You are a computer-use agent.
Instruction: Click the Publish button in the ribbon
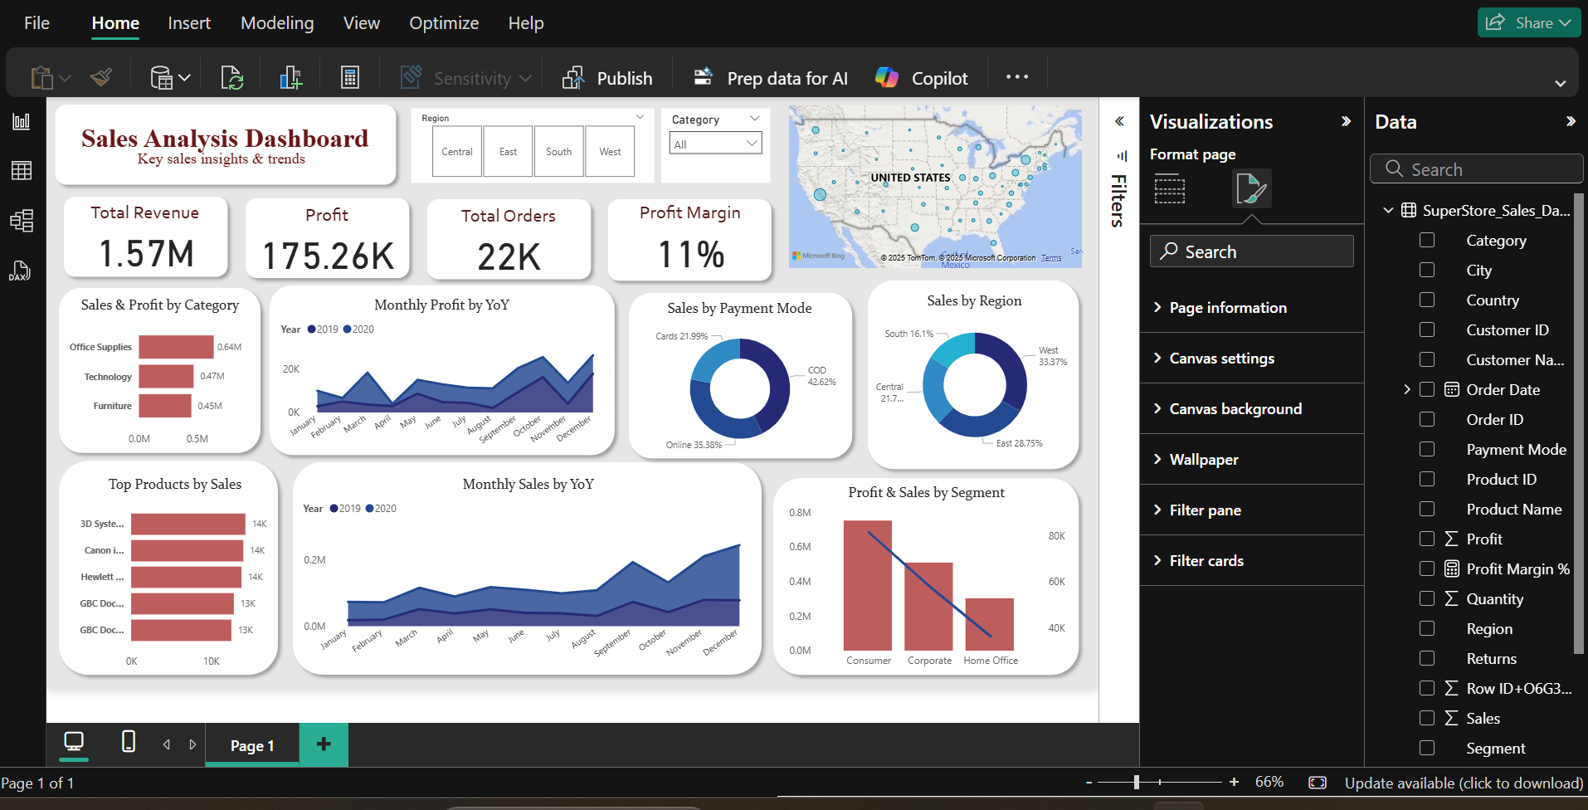tap(608, 78)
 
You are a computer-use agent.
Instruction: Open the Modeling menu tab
tap(277, 23)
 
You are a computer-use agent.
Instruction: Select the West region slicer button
tap(610, 152)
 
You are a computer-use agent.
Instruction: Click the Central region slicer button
tap(456, 152)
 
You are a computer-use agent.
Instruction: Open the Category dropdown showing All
tap(715, 144)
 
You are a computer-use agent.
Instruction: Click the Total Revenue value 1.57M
tap(146, 254)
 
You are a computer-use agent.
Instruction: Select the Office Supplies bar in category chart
tap(176, 347)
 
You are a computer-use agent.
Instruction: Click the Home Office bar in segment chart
tap(990, 624)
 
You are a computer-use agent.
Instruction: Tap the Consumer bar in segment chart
tap(867, 585)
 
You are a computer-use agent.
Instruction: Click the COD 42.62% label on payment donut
tap(821, 376)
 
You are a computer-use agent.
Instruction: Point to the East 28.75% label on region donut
tap(1019, 443)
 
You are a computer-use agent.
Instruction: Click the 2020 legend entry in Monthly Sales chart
tap(381, 509)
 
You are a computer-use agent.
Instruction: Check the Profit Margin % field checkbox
tap(1427, 568)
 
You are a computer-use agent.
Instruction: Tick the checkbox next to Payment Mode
tap(1427, 449)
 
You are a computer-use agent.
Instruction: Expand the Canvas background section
tap(1235, 408)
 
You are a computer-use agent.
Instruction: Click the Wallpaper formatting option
tap(1203, 459)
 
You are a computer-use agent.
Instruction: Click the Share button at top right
tap(1528, 23)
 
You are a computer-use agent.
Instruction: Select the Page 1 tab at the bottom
tap(252, 745)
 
